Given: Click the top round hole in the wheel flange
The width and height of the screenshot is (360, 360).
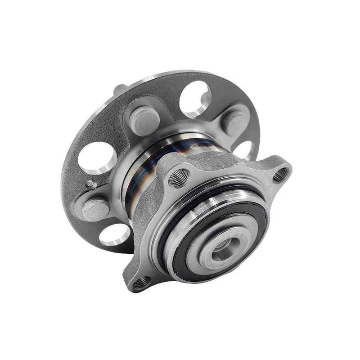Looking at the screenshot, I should tap(195, 99).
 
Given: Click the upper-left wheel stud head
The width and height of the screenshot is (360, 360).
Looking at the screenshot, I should tap(144, 120).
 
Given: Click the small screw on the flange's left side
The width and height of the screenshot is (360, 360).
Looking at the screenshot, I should tap(91, 184).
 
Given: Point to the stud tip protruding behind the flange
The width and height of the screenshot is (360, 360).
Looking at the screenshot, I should tap(119, 89).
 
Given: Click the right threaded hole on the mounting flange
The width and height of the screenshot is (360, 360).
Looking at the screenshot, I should tap(280, 174).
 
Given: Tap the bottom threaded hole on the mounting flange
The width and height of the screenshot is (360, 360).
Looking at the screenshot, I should tap(141, 282).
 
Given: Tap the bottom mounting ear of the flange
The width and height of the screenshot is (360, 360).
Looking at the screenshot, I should tap(137, 277).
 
